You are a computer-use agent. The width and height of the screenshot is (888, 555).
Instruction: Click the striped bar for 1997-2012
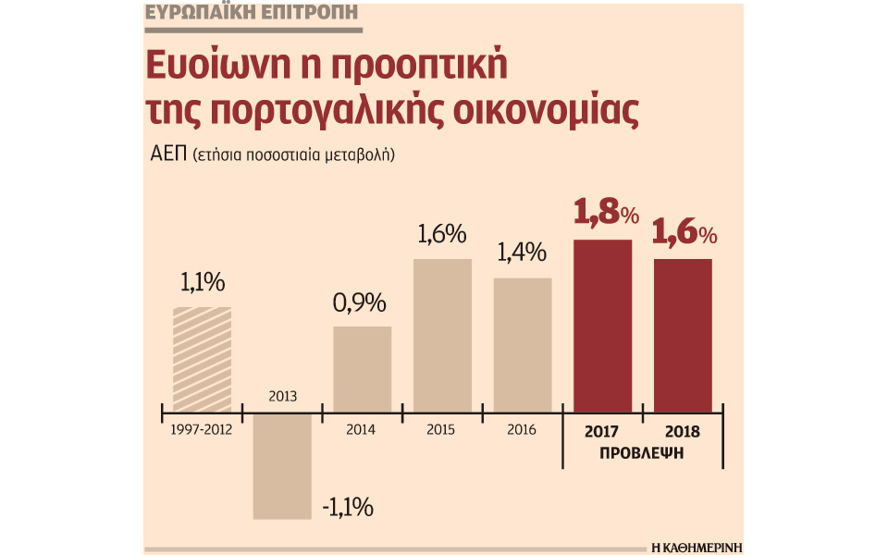(202, 359)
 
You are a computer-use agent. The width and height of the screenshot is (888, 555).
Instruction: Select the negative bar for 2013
(282, 464)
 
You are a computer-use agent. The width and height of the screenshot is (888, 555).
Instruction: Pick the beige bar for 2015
(442, 335)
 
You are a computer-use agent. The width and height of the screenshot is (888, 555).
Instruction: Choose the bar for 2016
(523, 344)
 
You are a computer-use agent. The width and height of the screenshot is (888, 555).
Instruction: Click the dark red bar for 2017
(603, 326)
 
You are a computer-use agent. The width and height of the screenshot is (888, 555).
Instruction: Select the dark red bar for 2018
(683, 335)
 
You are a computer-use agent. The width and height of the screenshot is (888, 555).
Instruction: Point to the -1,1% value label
(348, 507)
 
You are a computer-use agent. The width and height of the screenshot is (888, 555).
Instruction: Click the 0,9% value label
(359, 304)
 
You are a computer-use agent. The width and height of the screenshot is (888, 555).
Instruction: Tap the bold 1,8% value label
(607, 215)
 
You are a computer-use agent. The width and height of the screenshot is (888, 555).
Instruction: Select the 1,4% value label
(521, 253)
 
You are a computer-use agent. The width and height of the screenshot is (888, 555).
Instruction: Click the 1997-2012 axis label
(201, 430)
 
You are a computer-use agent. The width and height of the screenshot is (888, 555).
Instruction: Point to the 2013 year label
(282, 396)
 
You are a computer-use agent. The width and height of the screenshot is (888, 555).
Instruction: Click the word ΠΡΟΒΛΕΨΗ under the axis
(644, 454)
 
